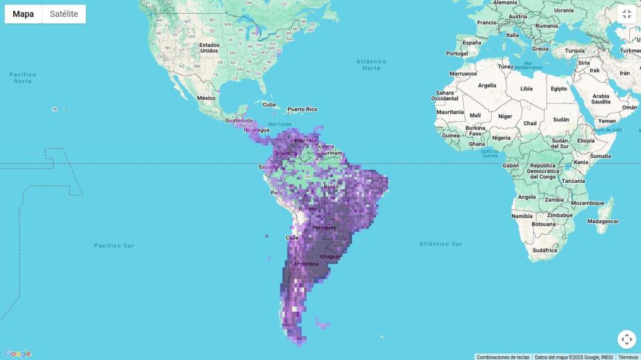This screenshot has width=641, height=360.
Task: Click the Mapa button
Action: pyautogui.click(x=23, y=14)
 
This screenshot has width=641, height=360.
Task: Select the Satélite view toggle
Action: pyautogui.click(x=64, y=14)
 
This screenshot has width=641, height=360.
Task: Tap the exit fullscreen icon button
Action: pyautogui.click(x=627, y=14)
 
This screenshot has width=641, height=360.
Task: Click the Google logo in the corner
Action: pyautogui.click(x=18, y=354)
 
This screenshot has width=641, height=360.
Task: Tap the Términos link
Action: pyautogui.click(x=628, y=357)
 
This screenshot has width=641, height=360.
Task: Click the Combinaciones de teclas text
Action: pyautogui.click(x=503, y=357)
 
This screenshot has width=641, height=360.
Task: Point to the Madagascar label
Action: pyautogui.click(x=603, y=221)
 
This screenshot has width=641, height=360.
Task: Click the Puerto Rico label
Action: pyautogui.click(x=302, y=110)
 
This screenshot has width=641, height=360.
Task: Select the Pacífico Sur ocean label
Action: pyautogui.click(x=115, y=245)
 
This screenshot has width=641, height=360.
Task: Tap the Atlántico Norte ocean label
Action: pyautogui.click(x=371, y=64)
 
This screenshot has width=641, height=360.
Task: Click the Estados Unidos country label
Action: pyautogui.click(x=209, y=48)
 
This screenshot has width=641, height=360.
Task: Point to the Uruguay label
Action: pyautogui.click(x=331, y=257)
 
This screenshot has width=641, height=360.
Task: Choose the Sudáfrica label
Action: pyautogui.click(x=544, y=250)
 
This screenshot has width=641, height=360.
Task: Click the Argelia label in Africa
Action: pyautogui.click(x=487, y=85)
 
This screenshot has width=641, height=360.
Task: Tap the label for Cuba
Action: pyautogui.click(x=269, y=105)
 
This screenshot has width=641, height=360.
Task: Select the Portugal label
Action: pyautogui.click(x=457, y=53)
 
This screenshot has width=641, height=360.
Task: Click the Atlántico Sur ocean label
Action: pyautogui.click(x=441, y=244)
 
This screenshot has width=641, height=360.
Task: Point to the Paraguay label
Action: pyautogui.click(x=324, y=227)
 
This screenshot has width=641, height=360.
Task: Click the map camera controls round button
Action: pyautogui.click(x=627, y=339)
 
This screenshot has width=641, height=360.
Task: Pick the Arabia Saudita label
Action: pyautogui.click(x=600, y=99)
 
